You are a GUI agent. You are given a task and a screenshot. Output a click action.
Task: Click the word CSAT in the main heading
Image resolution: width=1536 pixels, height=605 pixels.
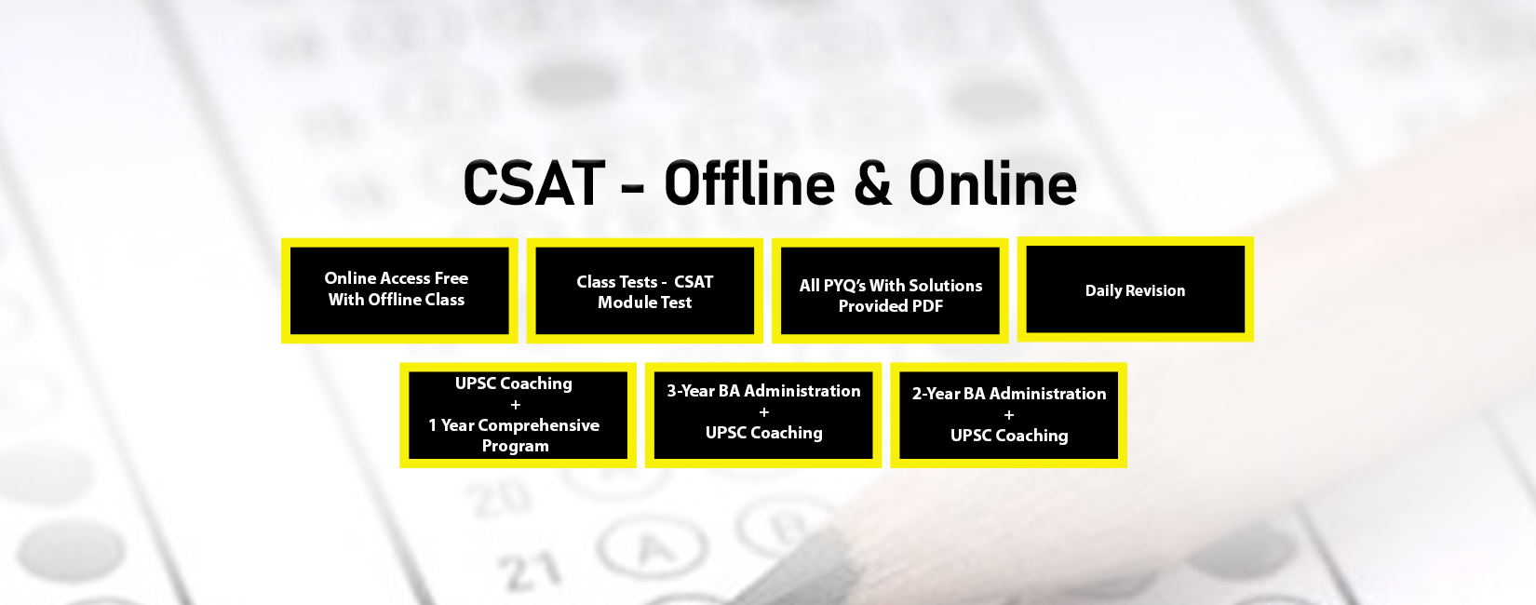[533, 183]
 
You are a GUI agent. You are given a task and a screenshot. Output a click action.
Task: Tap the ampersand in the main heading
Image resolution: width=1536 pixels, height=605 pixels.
[871, 183]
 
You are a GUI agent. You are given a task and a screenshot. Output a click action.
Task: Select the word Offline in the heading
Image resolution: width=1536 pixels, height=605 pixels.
[749, 183]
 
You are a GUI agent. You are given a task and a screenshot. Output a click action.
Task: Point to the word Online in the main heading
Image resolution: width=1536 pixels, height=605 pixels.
[992, 183]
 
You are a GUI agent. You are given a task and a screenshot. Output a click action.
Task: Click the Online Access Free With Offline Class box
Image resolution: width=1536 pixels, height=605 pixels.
[398, 289]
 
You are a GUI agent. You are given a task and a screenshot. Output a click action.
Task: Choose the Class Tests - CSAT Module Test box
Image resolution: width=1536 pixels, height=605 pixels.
[644, 291]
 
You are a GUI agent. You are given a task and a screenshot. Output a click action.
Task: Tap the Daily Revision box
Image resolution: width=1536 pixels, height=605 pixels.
[1135, 289]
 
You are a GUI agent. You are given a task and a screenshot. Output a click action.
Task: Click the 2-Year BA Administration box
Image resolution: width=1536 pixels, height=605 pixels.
[1008, 415]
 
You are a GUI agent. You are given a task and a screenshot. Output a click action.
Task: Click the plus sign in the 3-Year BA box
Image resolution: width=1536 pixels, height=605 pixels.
[764, 412]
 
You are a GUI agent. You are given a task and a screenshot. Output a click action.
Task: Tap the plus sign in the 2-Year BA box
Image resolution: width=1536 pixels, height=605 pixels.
[1009, 415]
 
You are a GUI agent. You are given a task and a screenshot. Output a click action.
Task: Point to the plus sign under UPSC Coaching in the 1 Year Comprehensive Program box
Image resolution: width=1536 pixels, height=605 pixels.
[516, 405]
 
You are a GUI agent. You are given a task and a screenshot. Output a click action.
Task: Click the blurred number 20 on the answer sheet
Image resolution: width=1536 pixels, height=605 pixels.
[501, 497]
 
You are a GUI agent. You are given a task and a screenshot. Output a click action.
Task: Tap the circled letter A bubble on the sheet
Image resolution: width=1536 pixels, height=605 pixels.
[654, 549]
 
